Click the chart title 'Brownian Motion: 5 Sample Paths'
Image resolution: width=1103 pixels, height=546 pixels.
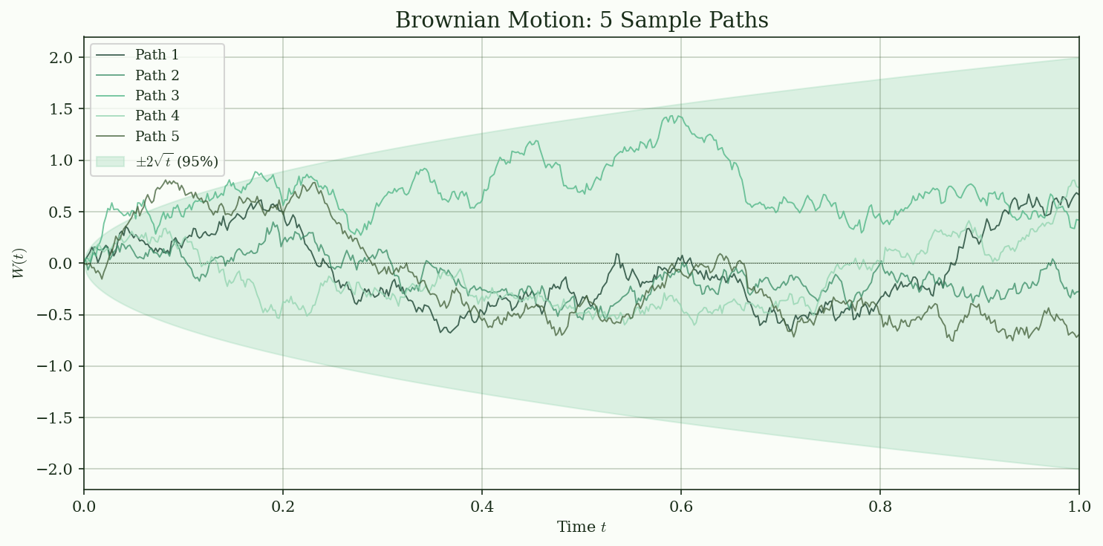(582, 20)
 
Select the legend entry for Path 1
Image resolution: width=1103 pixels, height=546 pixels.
(157, 55)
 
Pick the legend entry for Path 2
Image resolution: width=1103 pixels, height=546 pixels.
(157, 75)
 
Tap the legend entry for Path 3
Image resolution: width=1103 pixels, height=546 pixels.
(157, 96)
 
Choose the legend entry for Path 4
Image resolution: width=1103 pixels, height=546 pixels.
(157, 116)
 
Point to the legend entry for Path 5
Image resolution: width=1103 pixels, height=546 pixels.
(157, 137)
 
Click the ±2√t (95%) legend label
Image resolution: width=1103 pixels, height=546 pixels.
(177, 161)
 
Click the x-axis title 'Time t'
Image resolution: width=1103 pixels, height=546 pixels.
(582, 527)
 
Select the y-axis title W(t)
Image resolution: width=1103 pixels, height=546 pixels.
(19, 263)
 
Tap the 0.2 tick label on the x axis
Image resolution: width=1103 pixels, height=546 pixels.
(283, 507)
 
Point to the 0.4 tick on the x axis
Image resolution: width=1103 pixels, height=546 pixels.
(482, 507)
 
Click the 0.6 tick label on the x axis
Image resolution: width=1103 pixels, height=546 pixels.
(681, 507)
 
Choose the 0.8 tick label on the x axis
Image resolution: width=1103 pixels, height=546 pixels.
(880, 507)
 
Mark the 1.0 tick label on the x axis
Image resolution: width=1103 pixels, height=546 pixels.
(1078, 507)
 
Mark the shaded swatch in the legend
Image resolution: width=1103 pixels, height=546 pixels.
(110, 161)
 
